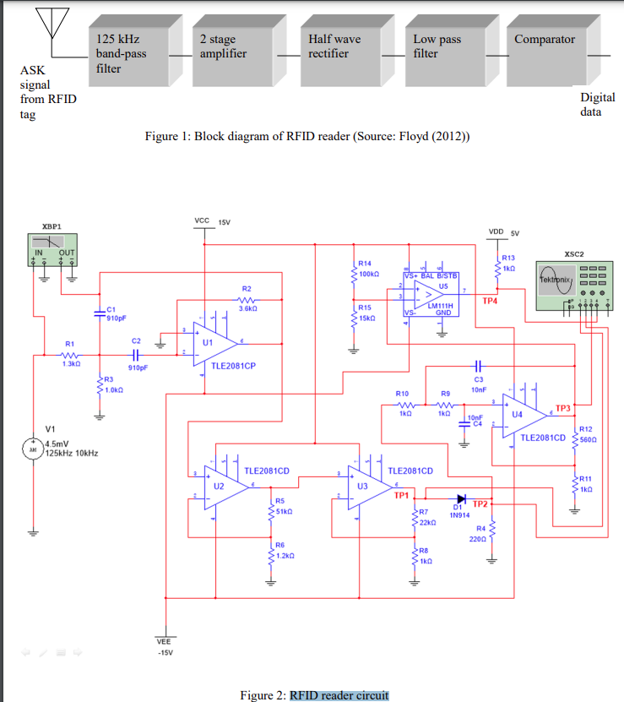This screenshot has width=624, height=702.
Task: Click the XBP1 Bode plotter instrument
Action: click(x=55, y=249)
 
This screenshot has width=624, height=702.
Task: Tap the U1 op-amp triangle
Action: click(x=214, y=345)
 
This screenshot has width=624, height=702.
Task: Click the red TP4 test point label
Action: click(x=490, y=300)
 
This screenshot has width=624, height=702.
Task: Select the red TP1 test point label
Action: click(x=401, y=495)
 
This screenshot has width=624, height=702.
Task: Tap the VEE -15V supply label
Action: click(x=165, y=647)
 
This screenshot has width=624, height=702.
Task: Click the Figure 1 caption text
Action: click(x=307, y=136)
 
